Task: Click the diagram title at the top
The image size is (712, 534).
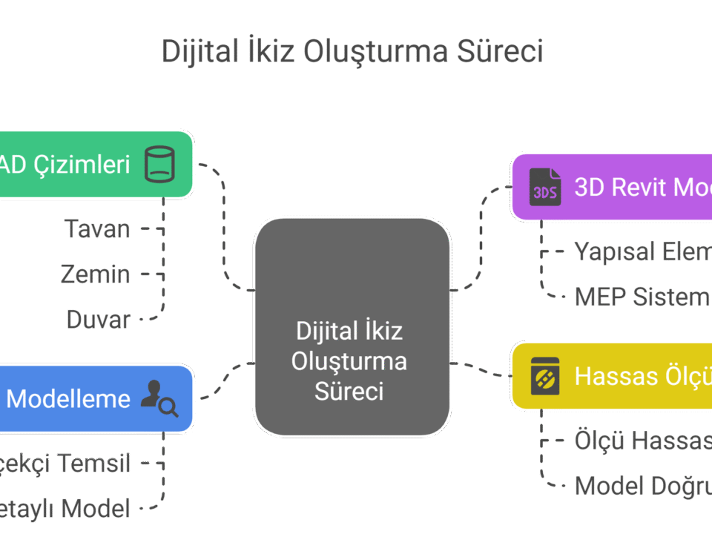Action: pos(352,52)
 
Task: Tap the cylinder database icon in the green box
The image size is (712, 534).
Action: pos(159,164)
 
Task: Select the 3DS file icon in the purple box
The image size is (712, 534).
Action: pos(545,187)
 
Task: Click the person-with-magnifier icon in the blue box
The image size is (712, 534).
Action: pos(161,398)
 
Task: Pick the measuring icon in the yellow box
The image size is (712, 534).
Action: pos(545,376)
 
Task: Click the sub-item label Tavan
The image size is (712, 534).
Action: pos(97,229)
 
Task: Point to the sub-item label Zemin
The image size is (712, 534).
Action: pos(96,274)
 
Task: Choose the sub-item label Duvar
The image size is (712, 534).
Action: pos(99,320)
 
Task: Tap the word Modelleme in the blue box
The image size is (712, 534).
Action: pos(68,399)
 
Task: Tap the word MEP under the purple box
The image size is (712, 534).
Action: pos(600,297)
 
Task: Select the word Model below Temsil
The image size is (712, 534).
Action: pos(96,509)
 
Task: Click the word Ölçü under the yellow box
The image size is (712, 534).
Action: pos(599,441)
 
